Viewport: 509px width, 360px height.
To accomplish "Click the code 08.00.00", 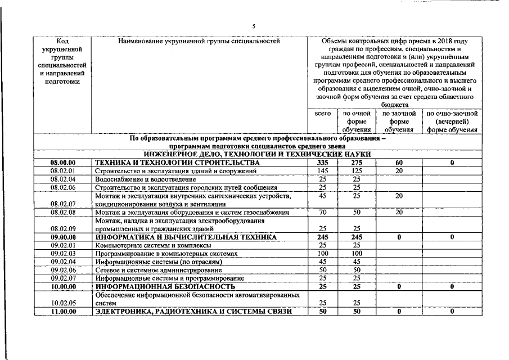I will click(63, 163).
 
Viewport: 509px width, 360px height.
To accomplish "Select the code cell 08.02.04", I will click(63, 179).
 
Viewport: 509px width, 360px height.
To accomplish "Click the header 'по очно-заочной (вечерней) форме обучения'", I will click(452, 121).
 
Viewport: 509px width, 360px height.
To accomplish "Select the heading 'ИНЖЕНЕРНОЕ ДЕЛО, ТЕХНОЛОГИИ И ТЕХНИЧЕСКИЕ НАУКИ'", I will click(258, 154).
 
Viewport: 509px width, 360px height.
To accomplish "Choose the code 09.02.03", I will click(63, 254).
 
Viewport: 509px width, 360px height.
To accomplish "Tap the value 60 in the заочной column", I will click(399, 163).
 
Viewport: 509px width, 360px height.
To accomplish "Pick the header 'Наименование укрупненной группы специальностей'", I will click(199, 41).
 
